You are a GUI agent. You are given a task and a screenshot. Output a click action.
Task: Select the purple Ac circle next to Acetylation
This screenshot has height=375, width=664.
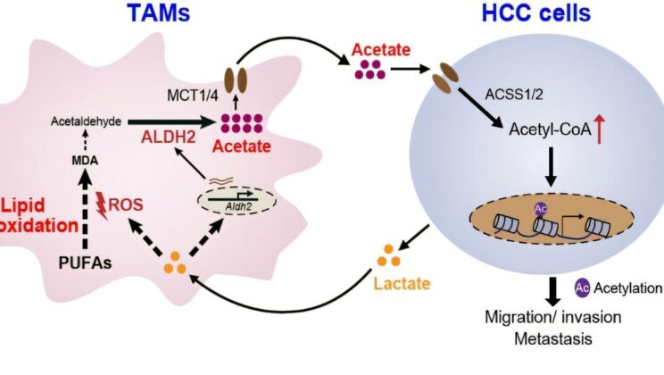(x=581, y=288)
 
